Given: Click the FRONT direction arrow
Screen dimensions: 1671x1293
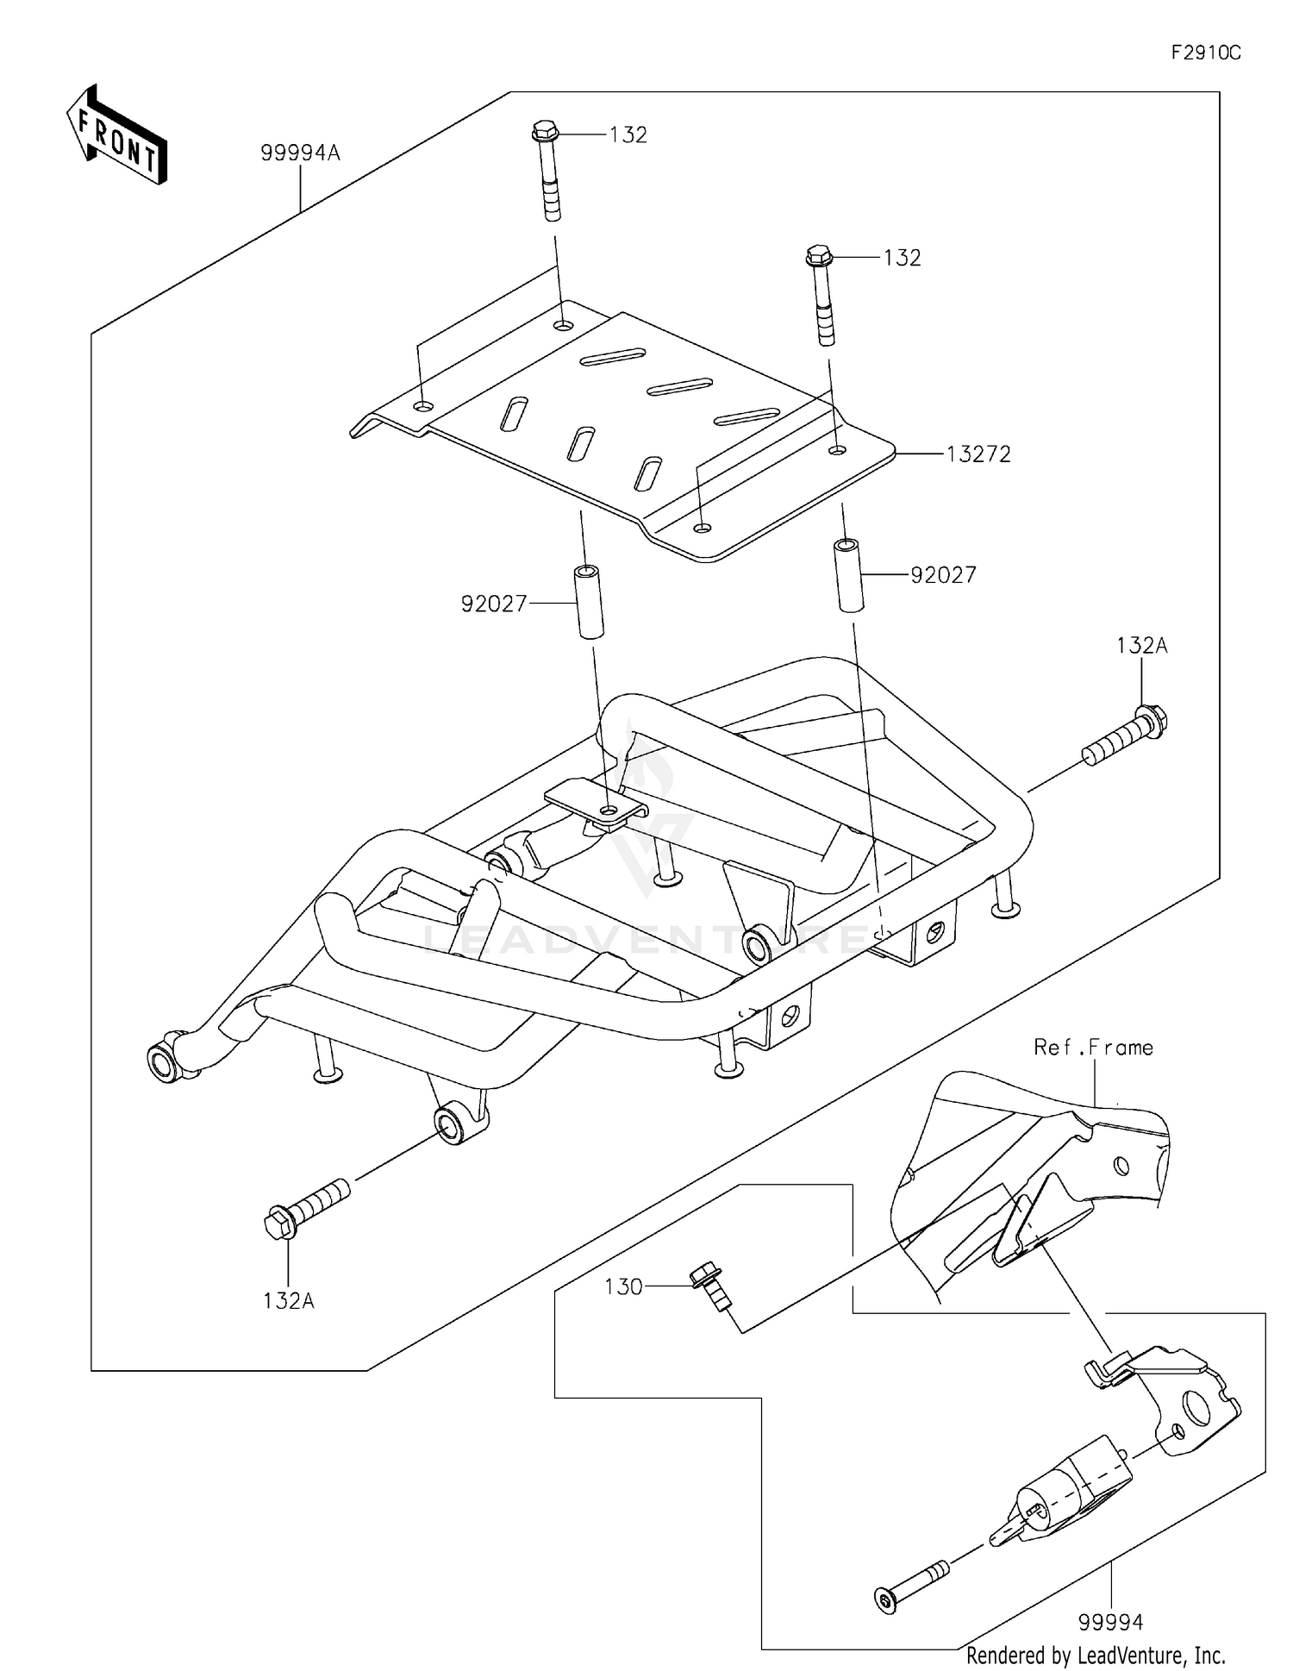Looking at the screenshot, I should coord(116,136).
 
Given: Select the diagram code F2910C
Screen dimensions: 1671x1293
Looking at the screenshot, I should coord(1205,53).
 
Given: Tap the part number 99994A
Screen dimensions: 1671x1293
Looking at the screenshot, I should coord(300,153).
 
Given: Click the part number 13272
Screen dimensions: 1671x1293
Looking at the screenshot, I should coord(978,454).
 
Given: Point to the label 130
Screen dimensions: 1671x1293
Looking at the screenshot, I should coord(623,1287).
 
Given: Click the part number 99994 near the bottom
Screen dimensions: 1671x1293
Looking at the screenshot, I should coord(1110,1623).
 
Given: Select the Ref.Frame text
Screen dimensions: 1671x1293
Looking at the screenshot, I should coord(1093,1048).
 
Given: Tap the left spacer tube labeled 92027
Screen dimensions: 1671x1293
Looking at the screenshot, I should coord(589,601).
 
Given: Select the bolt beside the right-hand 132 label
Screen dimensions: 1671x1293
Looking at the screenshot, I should coord(821,294).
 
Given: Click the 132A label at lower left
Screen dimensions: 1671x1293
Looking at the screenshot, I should coord(288,1300).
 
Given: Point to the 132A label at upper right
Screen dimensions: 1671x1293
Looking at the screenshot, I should coord(1141,645).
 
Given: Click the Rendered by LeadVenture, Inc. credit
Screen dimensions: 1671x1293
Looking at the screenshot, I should coord(1095,1655).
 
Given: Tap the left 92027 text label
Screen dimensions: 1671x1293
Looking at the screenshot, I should coord(494,604).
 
